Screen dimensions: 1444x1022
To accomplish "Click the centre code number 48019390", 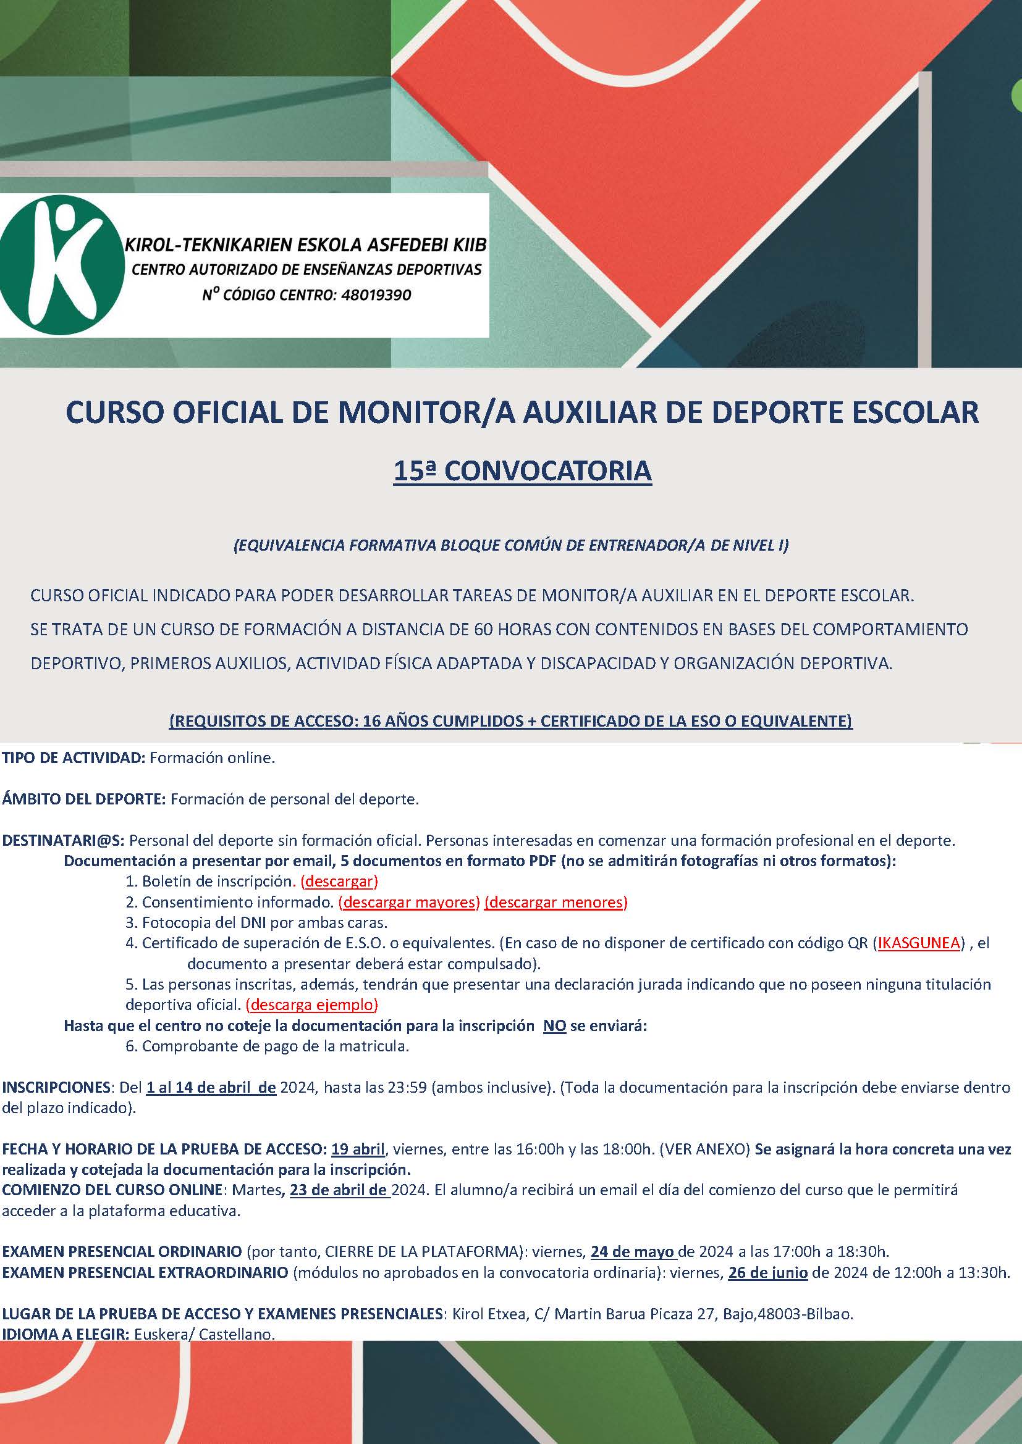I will [376, 295].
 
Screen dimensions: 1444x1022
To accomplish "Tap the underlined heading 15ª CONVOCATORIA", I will [522, 472].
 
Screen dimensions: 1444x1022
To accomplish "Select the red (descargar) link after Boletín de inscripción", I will [339, 881].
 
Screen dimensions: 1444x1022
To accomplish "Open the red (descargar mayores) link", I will [409, 902].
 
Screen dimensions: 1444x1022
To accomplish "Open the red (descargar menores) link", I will [555, 902].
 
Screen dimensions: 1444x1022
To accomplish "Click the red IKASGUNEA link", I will [919, 943].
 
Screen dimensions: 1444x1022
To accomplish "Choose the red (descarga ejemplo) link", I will [311, 1004].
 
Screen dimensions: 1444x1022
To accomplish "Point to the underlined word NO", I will [554, 1026].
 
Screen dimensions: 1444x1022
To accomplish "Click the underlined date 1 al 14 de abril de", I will [211, 1087].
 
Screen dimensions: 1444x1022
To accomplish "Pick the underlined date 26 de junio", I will [768, 1272].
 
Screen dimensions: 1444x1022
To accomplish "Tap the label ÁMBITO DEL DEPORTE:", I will [84, 799].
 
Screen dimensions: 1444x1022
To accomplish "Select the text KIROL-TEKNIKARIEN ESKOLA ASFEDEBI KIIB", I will [306, 245].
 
